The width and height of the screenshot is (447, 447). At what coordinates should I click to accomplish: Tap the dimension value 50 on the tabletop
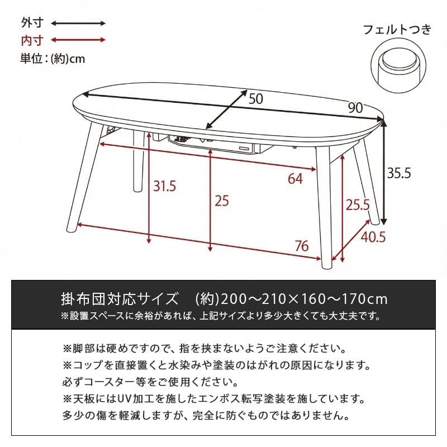(x=255, y=99)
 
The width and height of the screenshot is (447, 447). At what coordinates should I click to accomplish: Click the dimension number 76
(x=302, y=245)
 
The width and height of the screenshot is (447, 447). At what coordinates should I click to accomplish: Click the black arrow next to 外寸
(x=78, y=23)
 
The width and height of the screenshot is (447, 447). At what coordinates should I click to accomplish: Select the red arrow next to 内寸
(x=78, y=40)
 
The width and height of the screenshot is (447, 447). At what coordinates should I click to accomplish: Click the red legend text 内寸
(x=29, y=40)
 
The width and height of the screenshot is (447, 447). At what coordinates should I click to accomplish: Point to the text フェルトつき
(x=398, y=29)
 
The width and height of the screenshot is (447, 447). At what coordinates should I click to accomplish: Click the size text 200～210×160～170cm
(x=302, y=297)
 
